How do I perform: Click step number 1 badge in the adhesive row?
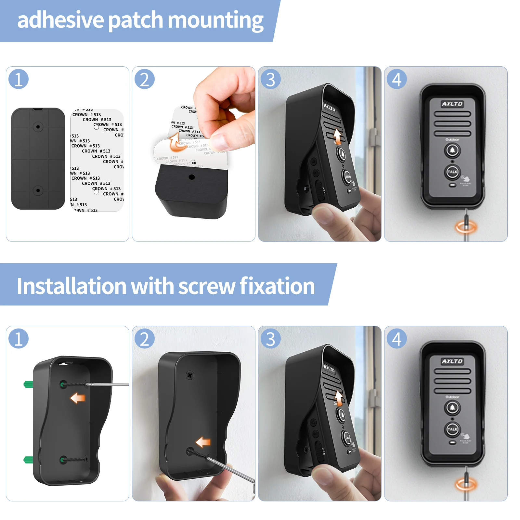pyautogui.click(x=19, y=79)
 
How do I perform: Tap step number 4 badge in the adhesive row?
pyautogui.click(x=396, y=79)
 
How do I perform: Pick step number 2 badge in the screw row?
pyautogui.click(x=145, y=339)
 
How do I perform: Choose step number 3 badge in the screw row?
pyautogui.click(x=270, y=339)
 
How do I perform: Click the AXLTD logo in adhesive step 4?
pyautogui.click(x=452, y=104)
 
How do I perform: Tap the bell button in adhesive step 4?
pyautogui.click(x=452, y=150)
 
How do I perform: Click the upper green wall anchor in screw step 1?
pyautogui.click(x=28, y=384)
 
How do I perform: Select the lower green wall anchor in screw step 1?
pyautogui.click(x=28, y=460)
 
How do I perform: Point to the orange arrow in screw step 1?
pyautogui.click(x=77, y=398)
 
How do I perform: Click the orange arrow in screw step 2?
pyautogui.click(x=203, y=442)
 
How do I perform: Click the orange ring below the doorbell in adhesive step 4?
pyautogui.click(x=466, y=227)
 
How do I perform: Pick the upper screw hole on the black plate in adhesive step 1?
pyautogui.click(x=38, y=126)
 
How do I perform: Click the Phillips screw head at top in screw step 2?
pyautogui.click(x=190, y=375)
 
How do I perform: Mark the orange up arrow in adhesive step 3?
pyautogui.click(x=338, y=136)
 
